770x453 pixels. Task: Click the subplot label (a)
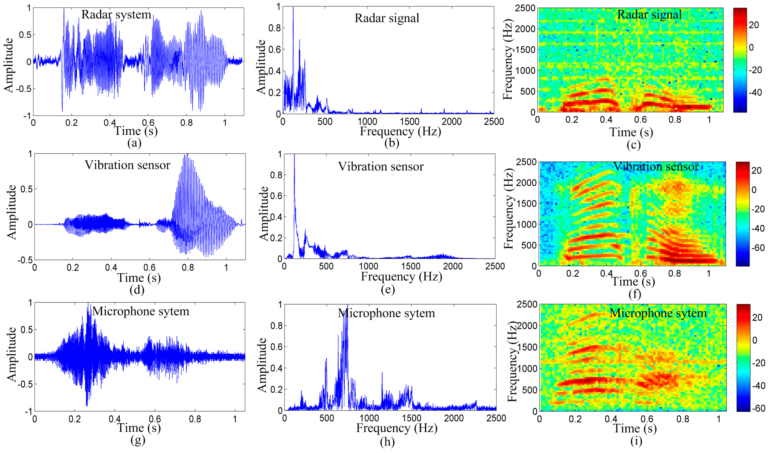[134, 143]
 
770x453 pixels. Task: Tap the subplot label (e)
[388, 289]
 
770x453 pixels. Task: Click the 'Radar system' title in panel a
[116, 14]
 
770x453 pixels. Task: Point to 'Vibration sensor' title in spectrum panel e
[381, 167]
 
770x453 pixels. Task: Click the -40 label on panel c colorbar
[755, 92]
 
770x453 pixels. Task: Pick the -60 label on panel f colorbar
[758, 248]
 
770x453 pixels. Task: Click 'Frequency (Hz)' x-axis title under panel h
[397, 428]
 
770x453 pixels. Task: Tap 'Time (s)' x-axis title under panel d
[139, 278]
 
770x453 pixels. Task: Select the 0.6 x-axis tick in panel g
[155, 419]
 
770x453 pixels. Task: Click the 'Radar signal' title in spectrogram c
[649, 14]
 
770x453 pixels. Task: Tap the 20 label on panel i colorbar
[757, 317]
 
